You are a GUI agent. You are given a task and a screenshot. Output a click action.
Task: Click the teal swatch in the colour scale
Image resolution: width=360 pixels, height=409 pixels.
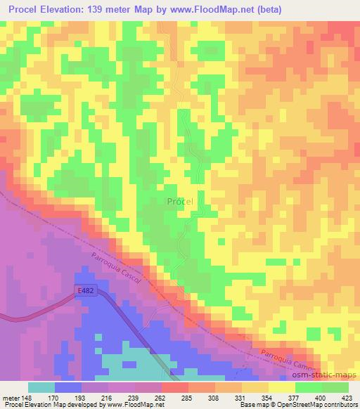point(41,387)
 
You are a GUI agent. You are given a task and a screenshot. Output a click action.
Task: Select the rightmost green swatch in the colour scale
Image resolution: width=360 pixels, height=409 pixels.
point(335,387)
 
